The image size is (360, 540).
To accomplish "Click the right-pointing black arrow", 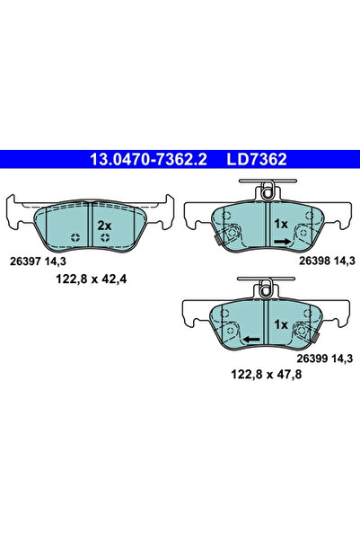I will point(280,241).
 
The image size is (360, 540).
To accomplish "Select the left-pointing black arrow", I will point(252,339).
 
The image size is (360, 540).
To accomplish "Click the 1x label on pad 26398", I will point(280,223).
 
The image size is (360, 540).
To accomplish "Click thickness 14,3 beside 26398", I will point(345,260).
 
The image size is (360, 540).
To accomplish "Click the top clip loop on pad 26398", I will point(265,190).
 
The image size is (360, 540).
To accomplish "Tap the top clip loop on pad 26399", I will point(265,288).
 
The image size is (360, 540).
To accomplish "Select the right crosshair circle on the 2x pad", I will point(107,238).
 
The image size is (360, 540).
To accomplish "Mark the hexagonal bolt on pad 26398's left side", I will point(230,235).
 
